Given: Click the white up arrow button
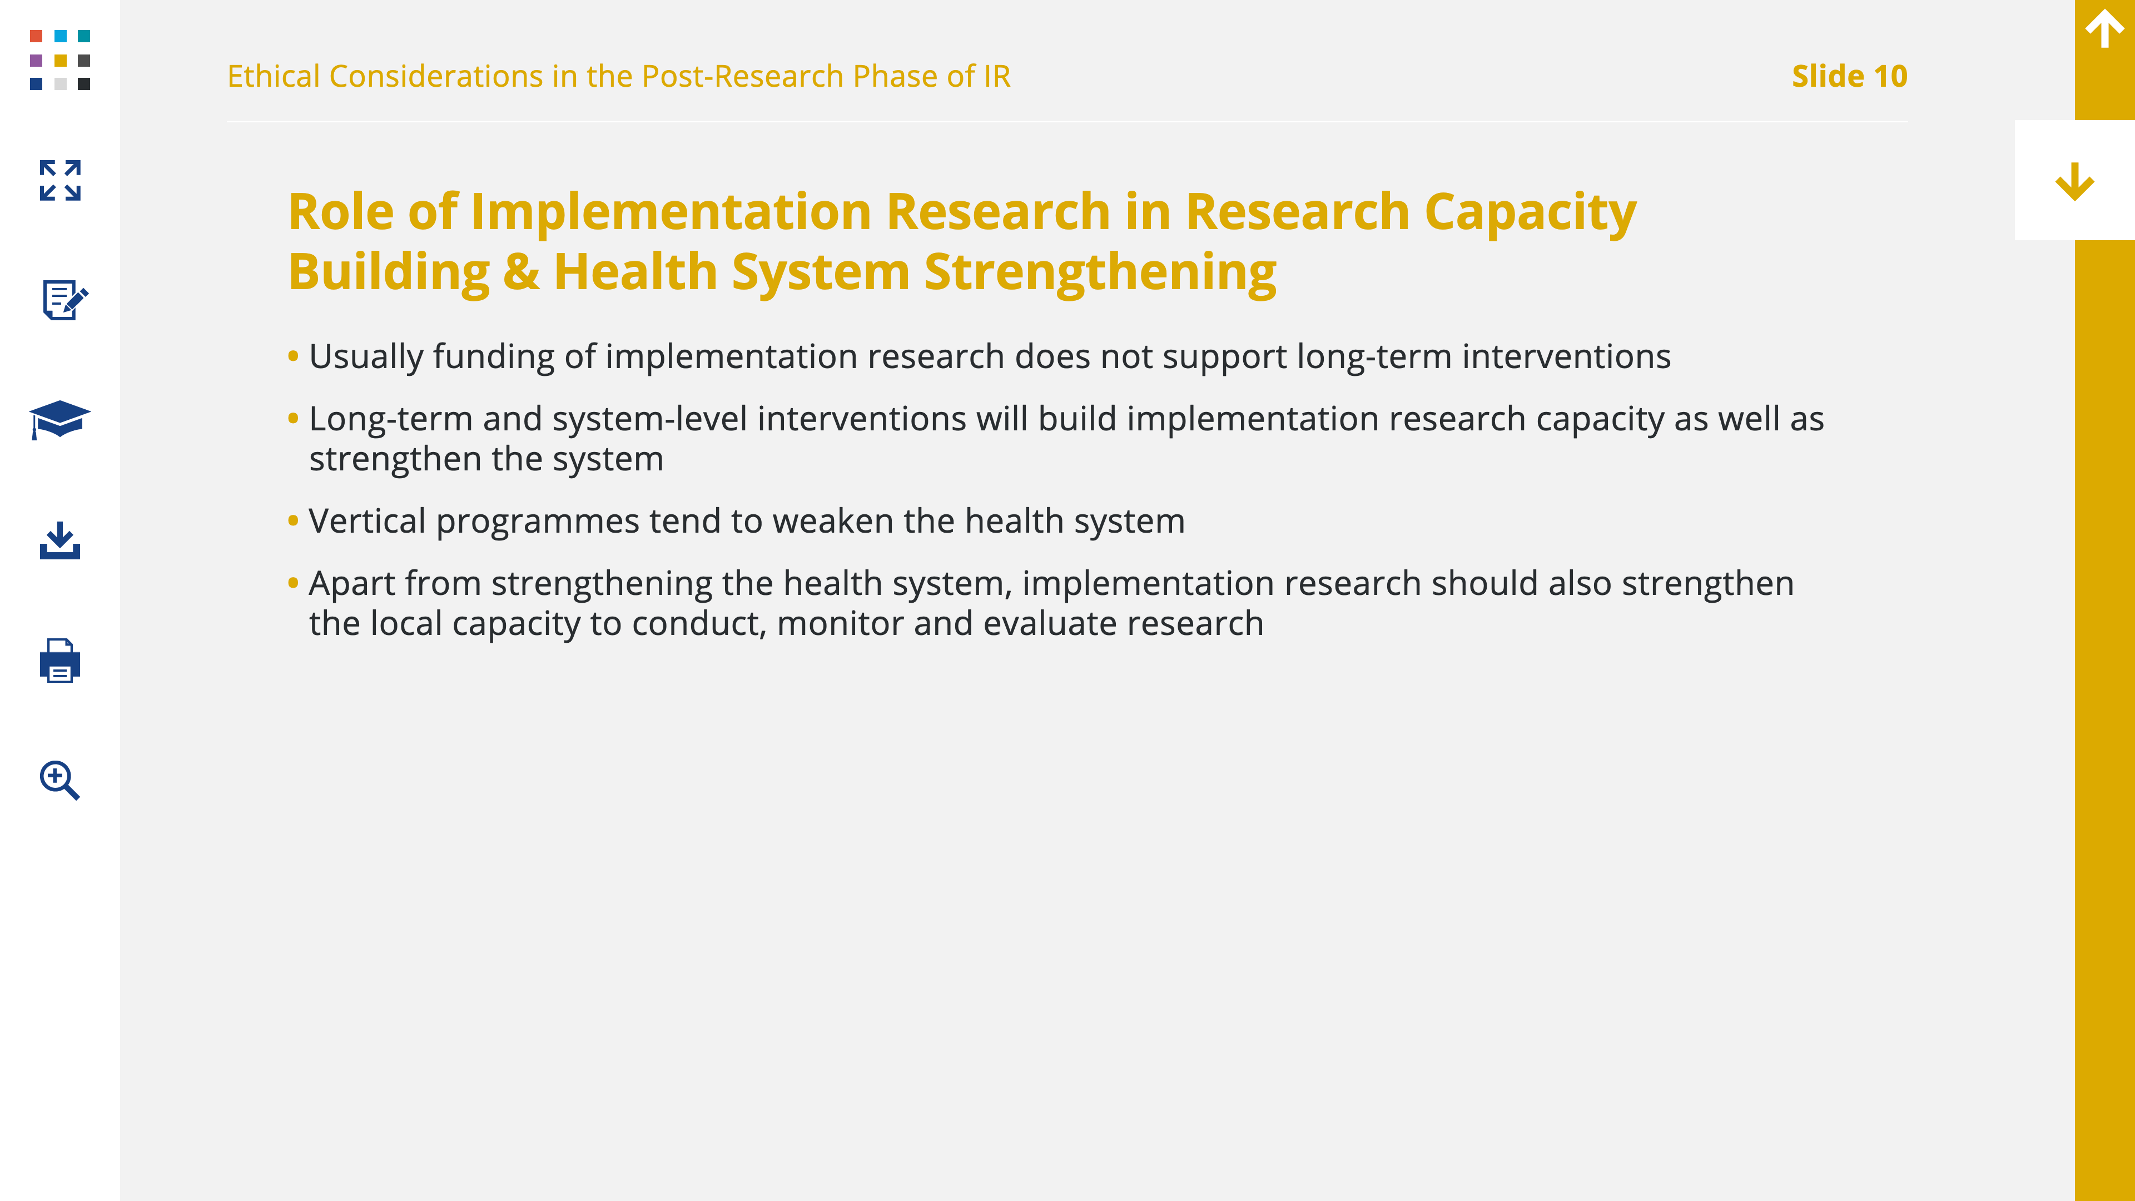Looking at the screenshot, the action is click(2104, 29).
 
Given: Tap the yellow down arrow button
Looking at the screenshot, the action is click(2074, 181).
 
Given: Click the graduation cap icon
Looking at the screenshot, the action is click(59, 419).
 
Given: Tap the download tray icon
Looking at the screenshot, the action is click(59, 540).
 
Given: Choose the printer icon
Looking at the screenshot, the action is click(59, 661).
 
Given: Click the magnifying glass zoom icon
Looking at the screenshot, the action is click(59, 780).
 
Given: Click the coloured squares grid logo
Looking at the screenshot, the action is click(59, 59).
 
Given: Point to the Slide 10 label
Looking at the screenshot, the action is click(1849, 76).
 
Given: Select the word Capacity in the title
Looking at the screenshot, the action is click(1530, 213).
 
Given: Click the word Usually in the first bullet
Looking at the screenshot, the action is click(366, 357).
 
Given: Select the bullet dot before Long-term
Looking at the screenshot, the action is click(292, 419).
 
